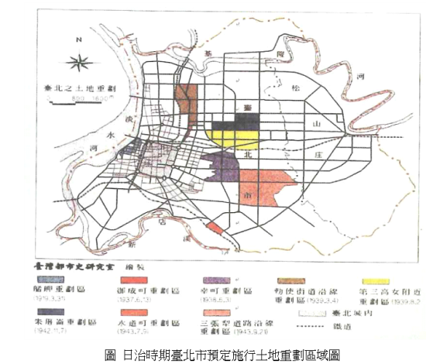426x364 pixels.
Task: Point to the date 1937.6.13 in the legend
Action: [x=140, y=298]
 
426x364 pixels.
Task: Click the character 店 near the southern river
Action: [x=161, y=220]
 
